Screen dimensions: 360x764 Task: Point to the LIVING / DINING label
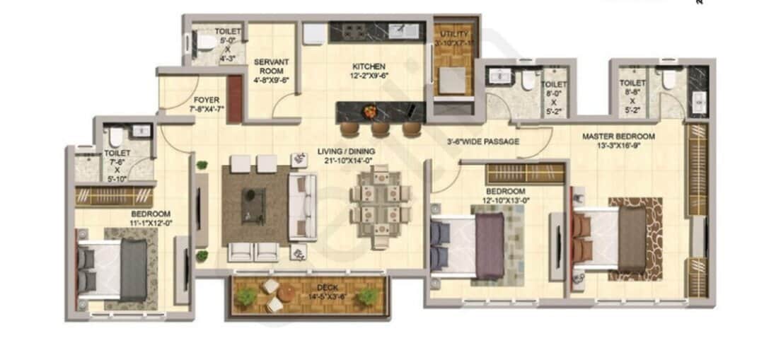tap(346, 151)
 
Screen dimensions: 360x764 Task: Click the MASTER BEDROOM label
tap(618, 136)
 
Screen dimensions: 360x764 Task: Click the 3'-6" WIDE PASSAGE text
tap(482, 141)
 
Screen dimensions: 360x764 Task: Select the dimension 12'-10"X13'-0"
tap(505, 200)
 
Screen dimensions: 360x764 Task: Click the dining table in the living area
tap(381, 204)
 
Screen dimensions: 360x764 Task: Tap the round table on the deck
tap(286, 291)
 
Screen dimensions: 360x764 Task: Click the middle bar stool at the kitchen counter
tap(381, 129)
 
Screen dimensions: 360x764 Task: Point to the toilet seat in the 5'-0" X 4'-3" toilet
tap(205, 43)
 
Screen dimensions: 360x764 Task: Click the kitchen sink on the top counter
tap(407, 30)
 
